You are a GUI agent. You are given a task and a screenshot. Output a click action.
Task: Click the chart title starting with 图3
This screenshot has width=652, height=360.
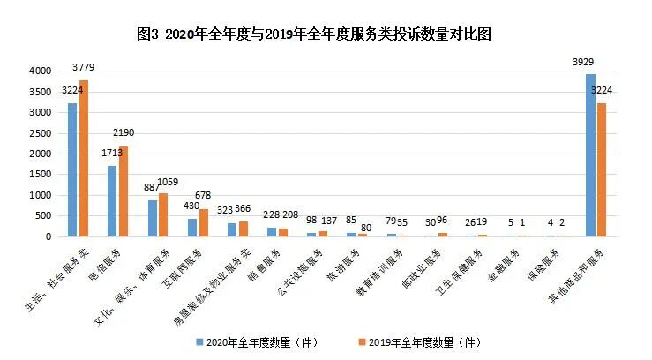326,34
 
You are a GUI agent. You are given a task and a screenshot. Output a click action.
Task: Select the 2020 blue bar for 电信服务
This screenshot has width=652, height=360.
112,201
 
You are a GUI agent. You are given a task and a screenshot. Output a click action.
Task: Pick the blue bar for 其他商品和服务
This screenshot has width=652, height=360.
590,155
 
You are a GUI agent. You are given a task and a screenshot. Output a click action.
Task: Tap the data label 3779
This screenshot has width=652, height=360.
83,68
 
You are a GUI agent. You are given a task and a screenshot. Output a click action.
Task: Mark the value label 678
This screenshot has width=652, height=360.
203,197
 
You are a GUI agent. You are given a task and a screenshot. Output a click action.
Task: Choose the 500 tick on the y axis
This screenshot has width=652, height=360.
41,216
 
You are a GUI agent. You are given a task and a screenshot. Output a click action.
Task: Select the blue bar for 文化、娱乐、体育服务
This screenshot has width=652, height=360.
153,218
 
